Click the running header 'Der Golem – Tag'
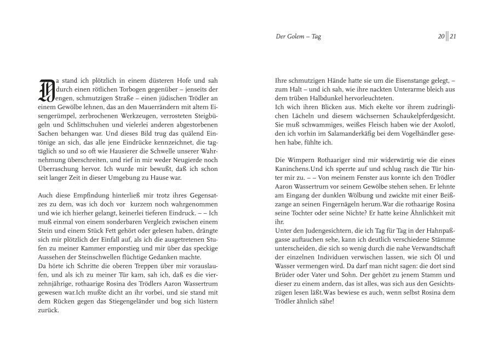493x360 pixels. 298,37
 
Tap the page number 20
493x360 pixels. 440,37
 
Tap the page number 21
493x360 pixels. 453,37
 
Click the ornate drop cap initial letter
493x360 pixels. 46,90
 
